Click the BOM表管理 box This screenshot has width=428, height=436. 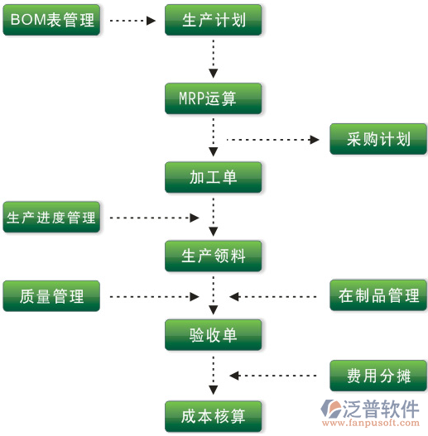[51, 20]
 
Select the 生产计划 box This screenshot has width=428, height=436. [214, 20]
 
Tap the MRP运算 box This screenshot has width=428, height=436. [214, 98]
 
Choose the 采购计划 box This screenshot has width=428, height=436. [378, 139]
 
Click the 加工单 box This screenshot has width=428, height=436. [214, 177]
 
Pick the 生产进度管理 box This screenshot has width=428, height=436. [51, 217]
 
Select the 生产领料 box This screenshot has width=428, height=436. [214, 256]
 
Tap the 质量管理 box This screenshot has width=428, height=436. [51, 296]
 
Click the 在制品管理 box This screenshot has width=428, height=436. [378, 295]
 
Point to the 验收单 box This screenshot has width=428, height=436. [214, 335]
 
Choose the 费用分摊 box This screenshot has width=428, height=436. [378, 376]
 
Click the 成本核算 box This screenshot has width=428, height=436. [214, 416]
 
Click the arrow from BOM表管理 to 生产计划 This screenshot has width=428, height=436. [132, 21]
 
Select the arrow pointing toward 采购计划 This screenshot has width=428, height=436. [273, 139]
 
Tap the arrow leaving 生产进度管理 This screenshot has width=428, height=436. [154, 218]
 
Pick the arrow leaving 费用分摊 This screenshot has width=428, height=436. [273, 376]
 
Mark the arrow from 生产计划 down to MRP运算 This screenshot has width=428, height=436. [214, 59]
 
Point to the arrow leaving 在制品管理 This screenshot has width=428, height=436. [273, 297]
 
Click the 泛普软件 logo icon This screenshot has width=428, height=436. [331, 409]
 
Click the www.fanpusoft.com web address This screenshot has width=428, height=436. [371, 423]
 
